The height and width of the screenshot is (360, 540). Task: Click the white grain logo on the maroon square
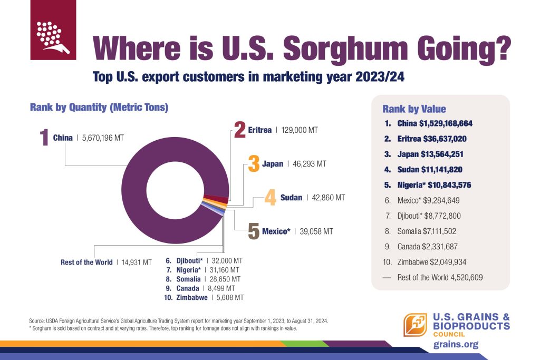[x=52, y=36]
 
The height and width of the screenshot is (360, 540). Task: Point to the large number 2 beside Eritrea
[x=240, y=129]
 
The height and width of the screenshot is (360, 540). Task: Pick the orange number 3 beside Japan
[x=254, y=163]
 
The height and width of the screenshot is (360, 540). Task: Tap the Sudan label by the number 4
[x=292, y=198]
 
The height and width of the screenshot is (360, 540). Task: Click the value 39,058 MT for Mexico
[x=315, y=231]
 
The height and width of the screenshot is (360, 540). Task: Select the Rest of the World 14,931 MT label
[x=106, y=262]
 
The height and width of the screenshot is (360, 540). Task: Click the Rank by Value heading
[x=414, y=109]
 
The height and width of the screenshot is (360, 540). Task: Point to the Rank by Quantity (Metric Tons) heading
[x=99, y=108]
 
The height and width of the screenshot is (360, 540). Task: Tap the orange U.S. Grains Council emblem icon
[x=416, y=325]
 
